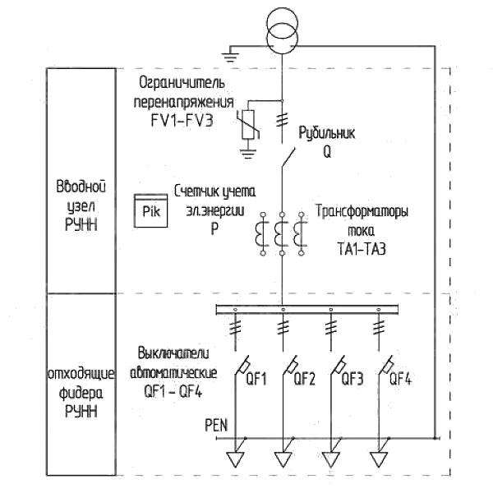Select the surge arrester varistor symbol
pos(248,124)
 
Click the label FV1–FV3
pos(182,121)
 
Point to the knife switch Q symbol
pos(288,157)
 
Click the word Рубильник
pos(327,134)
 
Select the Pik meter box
pos(151,210)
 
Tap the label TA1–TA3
pos(362,249)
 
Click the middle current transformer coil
pos(279,233)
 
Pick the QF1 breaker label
pos(256,379)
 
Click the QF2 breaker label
pos(304,379)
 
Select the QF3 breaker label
pos(352,379)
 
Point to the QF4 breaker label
pos(400,379)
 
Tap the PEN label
pos(216,426)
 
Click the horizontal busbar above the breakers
pos(307,310)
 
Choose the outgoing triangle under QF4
pos(379,459)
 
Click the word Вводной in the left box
pos(81,187)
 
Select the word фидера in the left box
pos(81,394)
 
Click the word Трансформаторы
pos(362,211)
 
